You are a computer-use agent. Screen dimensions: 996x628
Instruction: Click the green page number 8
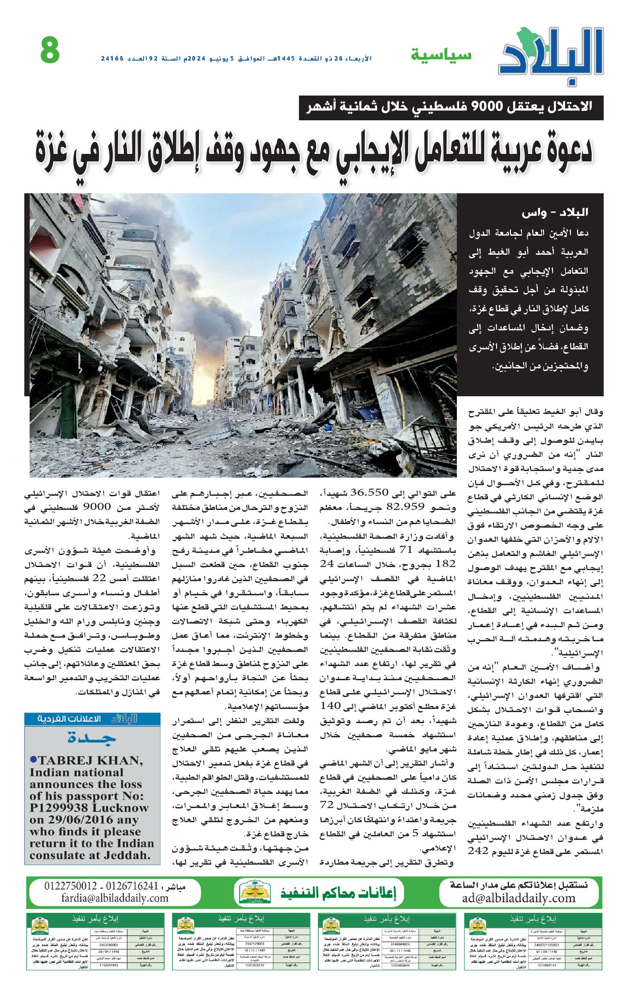coord(50,50)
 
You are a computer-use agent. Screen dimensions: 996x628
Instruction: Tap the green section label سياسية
coord(441,55)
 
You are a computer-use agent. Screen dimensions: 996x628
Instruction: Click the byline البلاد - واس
coord(555,213)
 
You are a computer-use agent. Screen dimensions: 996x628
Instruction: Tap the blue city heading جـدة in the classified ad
coord(92,738)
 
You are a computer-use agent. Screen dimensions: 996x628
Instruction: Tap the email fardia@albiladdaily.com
coord(115,898)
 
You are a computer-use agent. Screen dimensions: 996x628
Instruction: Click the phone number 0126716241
coord(132,886)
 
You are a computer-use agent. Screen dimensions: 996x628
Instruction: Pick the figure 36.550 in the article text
coord(369,493)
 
